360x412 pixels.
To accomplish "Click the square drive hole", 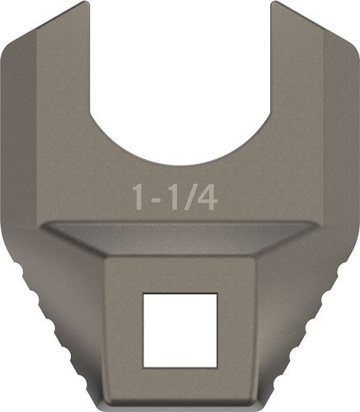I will (x=180, y=330).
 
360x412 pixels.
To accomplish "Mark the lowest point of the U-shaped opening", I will (x=180, y=162).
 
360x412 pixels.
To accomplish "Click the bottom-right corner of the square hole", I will (x=215, y=366).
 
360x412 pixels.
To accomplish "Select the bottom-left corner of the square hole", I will (x=144, y=366).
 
